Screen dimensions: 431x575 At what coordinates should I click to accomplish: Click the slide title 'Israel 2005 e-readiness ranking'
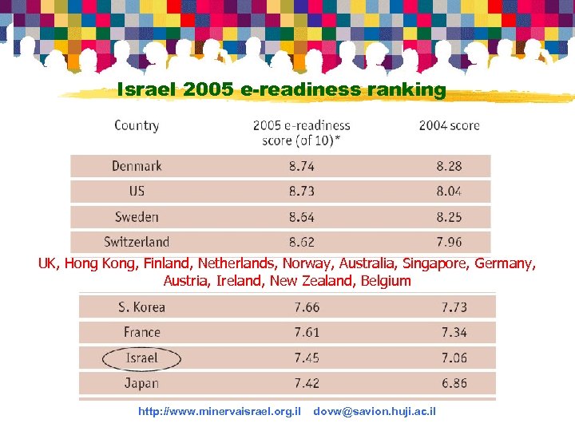click(x=281, y=89)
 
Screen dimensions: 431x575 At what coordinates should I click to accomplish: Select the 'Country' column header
click(x=137, y=125)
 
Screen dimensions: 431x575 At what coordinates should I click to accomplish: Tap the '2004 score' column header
click(x=449, y=125)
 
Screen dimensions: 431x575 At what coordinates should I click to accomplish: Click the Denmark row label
click(x=137, y=166)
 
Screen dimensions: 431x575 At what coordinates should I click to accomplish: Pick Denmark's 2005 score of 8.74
click(x=302, y=166)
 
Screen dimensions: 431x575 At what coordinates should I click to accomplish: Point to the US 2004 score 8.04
click(x=449, y=192)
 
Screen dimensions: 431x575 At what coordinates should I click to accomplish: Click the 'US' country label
click(x=137, y=192)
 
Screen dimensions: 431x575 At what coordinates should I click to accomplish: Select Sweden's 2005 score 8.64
click(x=302, y=217)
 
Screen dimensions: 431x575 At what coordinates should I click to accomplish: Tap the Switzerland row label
click(x=137, y=242)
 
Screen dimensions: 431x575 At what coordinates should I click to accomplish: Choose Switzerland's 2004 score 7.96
click(x=449, y=242)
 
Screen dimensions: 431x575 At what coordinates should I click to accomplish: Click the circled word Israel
click(x=141, y=358)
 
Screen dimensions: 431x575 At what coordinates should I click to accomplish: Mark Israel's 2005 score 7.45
click(x=307, y=358)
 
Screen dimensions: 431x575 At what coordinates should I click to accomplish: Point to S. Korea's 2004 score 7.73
click(x=454, y=307)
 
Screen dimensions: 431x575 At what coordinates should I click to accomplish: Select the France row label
click(x=141, y=332)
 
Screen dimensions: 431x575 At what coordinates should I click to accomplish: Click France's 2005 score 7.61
click(x=307, y=332)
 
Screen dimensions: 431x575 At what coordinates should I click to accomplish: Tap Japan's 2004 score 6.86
click(x=454, y=383)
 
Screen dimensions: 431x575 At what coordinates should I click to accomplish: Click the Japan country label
click(x=141, y=383)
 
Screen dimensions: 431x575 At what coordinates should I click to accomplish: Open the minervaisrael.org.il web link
click(x=219, y=411)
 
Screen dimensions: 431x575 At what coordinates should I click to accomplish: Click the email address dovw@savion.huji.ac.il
click(x=375, y=411)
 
